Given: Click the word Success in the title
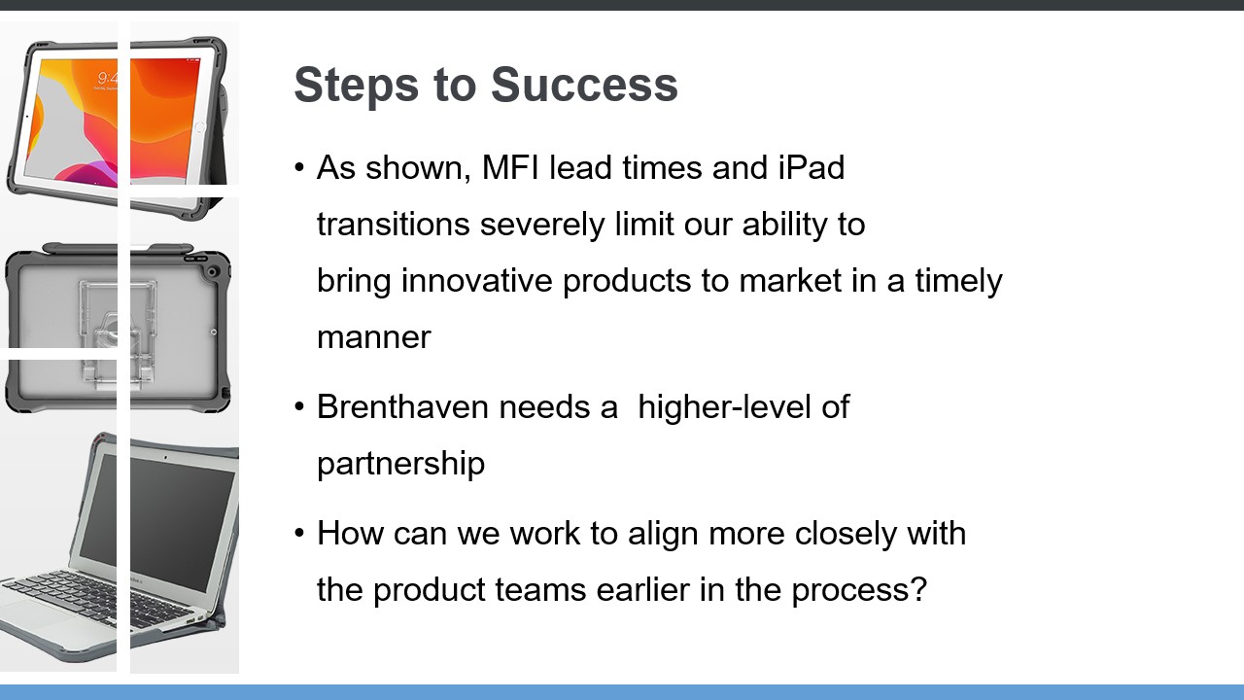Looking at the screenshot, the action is click(584, 85).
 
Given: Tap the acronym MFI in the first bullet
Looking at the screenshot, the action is click(510, 167).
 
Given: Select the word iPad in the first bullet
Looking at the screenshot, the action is click(811, 167).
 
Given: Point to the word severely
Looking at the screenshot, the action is click(541, 225).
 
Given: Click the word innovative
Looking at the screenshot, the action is click(476, 280).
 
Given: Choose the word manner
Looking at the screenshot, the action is click(374, 337).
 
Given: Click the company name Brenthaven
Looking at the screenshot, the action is click(403, 406).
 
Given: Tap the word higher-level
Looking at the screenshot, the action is click(725, 407).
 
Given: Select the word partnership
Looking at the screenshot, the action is click(401, 464).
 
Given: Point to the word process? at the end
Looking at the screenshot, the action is click(859, 590).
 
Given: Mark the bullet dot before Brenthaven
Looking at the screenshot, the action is click(300, 407).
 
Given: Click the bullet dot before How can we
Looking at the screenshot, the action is click(300, 534).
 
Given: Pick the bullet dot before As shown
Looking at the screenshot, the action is click(300, 167).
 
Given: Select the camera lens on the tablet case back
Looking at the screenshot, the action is click(213, 272).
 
